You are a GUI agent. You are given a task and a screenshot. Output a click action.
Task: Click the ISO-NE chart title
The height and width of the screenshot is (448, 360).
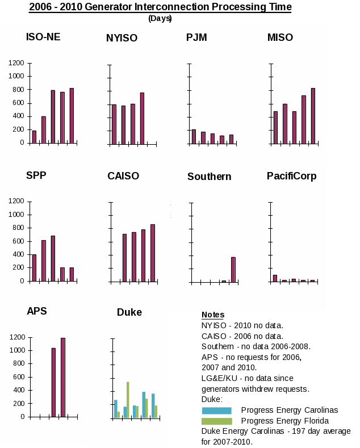(x=43, y=37)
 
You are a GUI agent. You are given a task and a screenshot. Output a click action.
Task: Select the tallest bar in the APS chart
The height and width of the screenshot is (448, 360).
(x=63, y=377)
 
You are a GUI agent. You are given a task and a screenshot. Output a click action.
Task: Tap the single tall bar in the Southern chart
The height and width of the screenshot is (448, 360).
(x=233, y=269)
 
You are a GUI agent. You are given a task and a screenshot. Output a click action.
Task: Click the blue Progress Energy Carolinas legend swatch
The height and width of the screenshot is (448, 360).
(x=216, y=411)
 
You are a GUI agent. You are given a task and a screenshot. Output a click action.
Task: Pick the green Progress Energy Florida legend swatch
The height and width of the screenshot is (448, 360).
(x=216, y=421)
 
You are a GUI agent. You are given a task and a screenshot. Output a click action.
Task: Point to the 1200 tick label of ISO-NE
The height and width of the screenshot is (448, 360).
(x=16, y=62)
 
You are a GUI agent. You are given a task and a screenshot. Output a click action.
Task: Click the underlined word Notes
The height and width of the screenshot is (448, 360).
(x=213, y=315)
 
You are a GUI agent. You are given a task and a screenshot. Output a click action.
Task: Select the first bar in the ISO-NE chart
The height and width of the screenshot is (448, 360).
(x=34, y=136)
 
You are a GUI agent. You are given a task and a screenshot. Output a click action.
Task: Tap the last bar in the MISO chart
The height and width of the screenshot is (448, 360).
(x=313, y=115)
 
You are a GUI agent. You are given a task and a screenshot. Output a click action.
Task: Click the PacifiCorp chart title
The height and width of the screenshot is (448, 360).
(x=291, y=176)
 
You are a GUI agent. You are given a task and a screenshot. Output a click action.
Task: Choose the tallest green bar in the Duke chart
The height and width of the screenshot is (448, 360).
(x=128, y=399)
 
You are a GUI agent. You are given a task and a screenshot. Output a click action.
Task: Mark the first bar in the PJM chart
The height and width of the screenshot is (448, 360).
(x=194, y=136)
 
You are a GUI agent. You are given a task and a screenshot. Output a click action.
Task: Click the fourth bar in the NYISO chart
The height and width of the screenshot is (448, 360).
(x=142, y=118)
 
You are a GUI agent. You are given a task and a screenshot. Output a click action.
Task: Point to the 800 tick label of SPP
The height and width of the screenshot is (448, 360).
(x=16, y=228)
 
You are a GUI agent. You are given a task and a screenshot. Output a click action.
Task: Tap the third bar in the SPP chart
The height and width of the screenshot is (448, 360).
(x=53, y=258)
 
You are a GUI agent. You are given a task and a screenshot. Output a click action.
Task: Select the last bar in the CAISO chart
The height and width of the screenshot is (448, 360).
(x=152, y=253)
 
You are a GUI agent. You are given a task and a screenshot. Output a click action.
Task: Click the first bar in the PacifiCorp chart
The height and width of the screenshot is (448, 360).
(x=275, y=278)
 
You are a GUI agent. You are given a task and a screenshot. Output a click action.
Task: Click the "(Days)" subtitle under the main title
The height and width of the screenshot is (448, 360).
(x=160, y=18)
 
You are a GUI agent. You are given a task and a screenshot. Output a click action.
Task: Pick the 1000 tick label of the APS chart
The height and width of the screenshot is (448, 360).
(x=16, y=350)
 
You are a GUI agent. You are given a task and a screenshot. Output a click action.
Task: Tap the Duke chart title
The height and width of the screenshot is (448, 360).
(x=129, y=312)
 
